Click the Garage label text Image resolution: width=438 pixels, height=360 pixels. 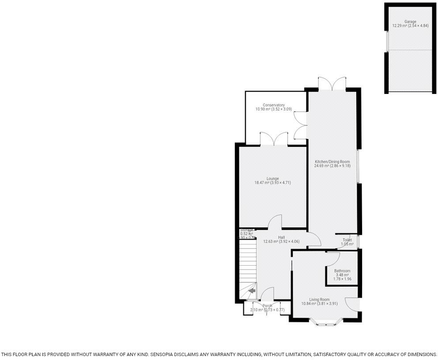[x=410, y=21]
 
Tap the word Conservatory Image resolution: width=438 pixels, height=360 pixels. [x=273, y=105]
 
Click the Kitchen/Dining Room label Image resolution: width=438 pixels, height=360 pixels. [x=332, y=162]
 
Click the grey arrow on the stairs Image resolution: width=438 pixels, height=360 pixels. [x=252, y=291]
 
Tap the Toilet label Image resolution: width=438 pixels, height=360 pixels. [x=347, y=240]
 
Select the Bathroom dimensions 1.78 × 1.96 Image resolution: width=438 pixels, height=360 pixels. [x=342, y=279]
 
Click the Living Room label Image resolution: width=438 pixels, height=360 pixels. [x=315, y=300]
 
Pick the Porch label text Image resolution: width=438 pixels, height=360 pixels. [x=268, y=306]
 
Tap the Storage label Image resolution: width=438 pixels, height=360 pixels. [x=247, y=230]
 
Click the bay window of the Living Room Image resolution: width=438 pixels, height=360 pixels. [x=325, y=322]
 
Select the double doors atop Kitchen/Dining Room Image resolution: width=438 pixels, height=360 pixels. [x=332, y=84]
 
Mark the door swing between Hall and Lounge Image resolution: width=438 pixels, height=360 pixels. [x=276, y=222]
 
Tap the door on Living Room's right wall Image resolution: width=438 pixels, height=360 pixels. [x=352, y=304]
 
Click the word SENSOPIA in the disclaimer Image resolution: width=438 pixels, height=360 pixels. [x=163, y=354]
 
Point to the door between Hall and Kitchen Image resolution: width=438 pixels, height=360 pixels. [x=314, y=240]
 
